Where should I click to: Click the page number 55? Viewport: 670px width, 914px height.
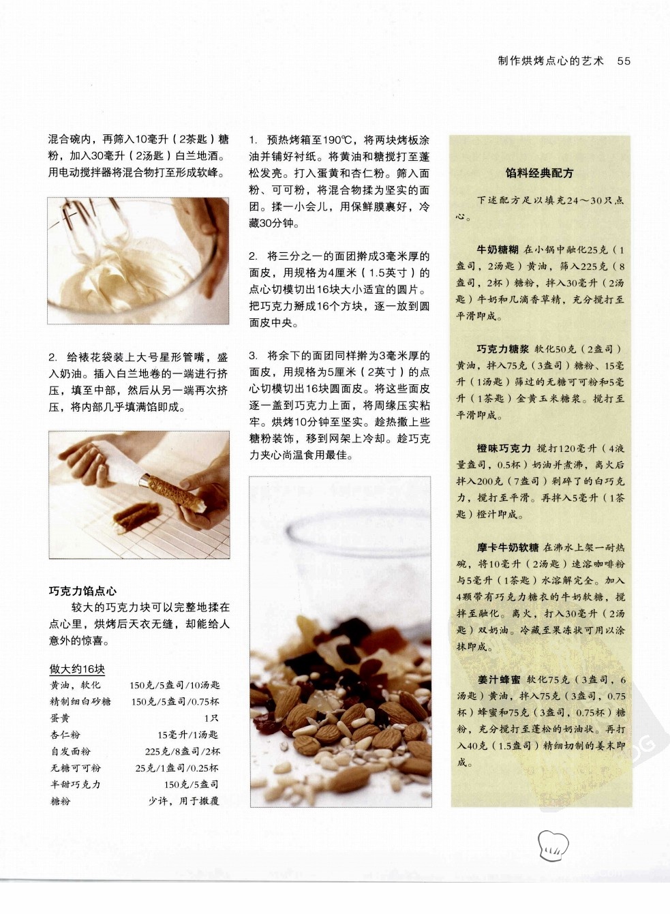[624, 61]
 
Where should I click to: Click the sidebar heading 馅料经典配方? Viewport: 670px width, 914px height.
[539, 173]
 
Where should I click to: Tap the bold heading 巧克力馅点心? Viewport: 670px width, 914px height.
[83, 591]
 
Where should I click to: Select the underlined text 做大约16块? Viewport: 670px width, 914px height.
[77, 669]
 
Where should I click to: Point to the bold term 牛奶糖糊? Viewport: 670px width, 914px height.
[498, 249]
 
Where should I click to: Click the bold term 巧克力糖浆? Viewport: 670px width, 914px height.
[503, 349]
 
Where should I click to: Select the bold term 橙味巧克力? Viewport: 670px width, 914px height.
[504, 448]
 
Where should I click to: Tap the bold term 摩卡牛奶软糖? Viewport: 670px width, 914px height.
[508, 547]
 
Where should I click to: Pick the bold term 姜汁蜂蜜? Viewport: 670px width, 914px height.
[499, 680]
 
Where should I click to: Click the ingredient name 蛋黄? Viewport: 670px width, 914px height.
[60, 718]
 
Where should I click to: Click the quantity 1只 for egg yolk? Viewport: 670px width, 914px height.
[211, 718]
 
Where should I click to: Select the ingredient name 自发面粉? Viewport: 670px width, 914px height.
[70, 752]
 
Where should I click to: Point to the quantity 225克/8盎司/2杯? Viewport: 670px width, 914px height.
[183, 752]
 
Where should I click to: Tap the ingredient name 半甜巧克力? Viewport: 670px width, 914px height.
[75, 784]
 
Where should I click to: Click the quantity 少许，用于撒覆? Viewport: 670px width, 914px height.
[183, 802]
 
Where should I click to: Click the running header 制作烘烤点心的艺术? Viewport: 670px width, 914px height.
[551, 61]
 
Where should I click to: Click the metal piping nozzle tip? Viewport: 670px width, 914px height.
[143, 479]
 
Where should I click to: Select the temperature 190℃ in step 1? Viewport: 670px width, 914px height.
[337, 140]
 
